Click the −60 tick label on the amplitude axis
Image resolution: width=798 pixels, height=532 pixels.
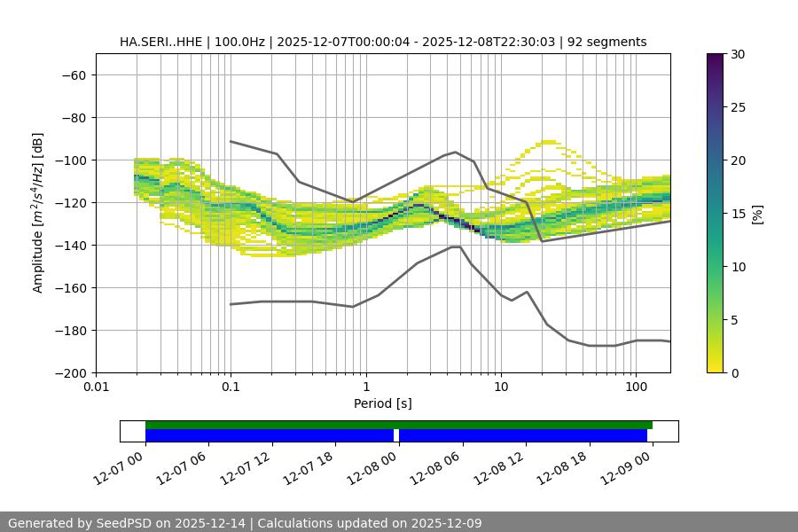[x=73, y=75]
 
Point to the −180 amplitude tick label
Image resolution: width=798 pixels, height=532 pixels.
[x=69, y=331]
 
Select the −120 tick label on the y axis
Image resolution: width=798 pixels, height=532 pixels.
[x=69, y=203]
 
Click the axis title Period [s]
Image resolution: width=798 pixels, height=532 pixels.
[x=382, y=403]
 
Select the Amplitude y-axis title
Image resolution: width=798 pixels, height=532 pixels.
[x=38, y=213]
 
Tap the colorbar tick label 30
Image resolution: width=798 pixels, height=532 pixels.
[x=737, y=54]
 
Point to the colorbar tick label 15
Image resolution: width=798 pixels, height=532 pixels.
[x=737, y=214]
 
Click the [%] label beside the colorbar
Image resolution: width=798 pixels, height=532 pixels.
[x=757, y=214]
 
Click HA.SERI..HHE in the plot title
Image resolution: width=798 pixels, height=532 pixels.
[x=160, y=42]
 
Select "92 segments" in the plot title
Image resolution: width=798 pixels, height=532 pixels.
[x=606, y=42]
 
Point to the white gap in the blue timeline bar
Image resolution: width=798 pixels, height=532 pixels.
[x=396, y=435]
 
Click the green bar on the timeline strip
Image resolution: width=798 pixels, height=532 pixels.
[x=399, y=425]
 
